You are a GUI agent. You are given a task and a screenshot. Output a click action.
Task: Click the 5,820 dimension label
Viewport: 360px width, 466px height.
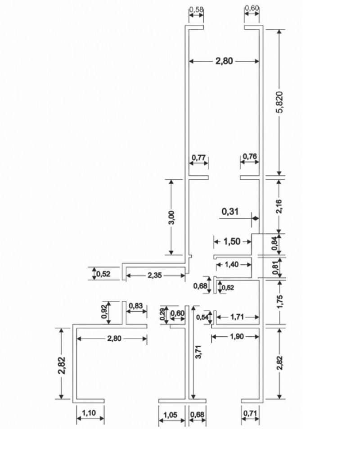pos(280,103)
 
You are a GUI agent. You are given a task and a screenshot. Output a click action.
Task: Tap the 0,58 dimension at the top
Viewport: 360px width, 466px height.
pos(196,9)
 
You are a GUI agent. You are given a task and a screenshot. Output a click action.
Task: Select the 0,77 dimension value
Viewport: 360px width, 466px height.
pos(199,157)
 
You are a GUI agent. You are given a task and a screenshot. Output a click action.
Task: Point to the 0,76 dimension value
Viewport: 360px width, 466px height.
pos(250,156)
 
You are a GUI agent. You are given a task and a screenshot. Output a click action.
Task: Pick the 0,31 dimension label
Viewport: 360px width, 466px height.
pos(230,212)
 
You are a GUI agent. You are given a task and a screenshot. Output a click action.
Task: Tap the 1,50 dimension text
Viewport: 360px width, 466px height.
pos(232,241)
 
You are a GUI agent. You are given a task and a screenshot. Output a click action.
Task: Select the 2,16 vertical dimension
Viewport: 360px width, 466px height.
pos(279,206)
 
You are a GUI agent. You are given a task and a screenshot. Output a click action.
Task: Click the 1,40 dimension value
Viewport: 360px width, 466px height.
pos(232,264)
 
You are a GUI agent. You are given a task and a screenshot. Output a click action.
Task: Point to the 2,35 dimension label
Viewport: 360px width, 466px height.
pos(155,276)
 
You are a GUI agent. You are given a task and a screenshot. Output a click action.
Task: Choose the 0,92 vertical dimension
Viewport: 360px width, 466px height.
pos(104,312)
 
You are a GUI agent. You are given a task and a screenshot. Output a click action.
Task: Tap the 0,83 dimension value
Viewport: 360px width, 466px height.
pos(136,306)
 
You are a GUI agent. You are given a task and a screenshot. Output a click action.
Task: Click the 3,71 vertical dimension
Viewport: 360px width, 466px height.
pos(199,352)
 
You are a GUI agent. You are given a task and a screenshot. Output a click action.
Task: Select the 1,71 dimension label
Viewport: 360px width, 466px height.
pos(237,317)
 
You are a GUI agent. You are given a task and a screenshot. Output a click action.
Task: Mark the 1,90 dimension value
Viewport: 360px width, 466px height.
pos(237,336)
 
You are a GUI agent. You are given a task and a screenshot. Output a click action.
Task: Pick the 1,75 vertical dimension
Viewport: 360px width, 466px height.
pos(280,301)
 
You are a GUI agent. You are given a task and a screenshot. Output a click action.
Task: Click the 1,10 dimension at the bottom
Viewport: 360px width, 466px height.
pos(89,413)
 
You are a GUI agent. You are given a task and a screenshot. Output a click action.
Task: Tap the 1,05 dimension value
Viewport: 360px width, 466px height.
pos(171,415)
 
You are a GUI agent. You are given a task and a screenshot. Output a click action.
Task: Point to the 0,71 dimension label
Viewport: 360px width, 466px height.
pos(250,413)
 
